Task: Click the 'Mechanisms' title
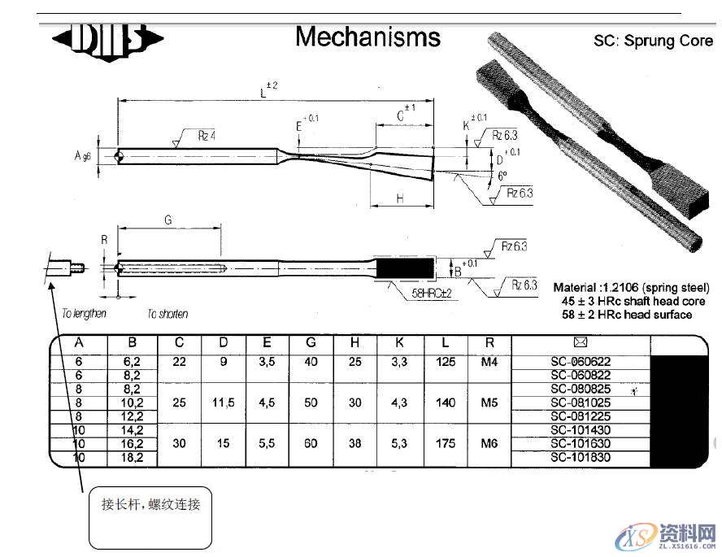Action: coord(368,37)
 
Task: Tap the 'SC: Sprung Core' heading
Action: coord(653,41)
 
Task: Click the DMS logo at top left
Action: coord(107,39)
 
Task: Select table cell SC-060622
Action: coord(581,362)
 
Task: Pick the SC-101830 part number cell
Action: coord(581,457)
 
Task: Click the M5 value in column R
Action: coord(489,402)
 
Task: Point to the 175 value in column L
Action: coord(446,443)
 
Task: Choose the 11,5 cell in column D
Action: coord(224,402)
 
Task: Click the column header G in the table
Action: coord(311,343)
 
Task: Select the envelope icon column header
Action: coord(581,342)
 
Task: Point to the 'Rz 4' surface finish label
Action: coord(207,136)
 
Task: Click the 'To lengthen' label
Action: coord(85,314)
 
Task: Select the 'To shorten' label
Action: coord(167,314)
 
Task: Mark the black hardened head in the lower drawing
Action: coord(404,267)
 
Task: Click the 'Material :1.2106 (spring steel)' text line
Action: coord(631,288)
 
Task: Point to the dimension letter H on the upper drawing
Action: coord(400,198)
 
